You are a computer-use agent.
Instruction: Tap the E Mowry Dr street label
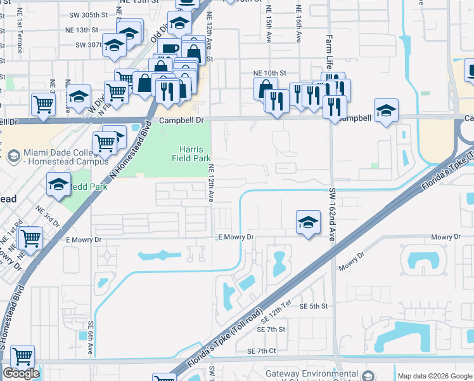235,237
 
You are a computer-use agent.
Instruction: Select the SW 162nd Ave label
331,214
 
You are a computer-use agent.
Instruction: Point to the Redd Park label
87,187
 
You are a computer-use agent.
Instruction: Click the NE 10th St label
270,73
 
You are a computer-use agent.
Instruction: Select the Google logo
21,373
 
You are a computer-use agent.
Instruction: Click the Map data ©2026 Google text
434,376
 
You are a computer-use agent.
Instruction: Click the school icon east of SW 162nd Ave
386,111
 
